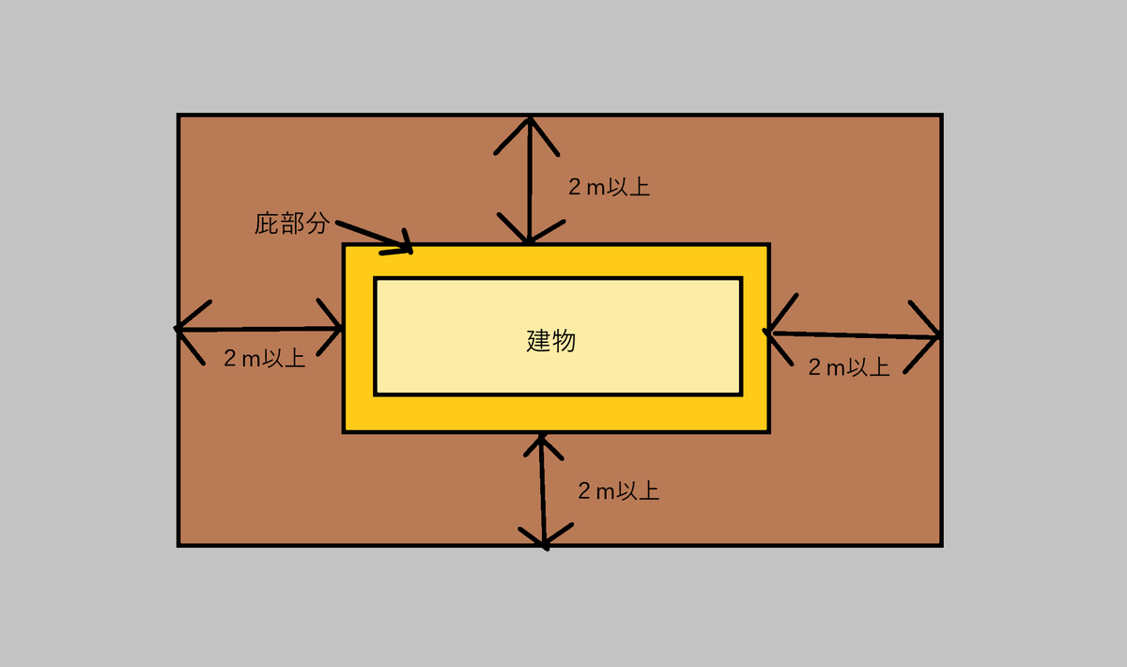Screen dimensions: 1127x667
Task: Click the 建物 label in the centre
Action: pyautogui.click(x=551, y=340)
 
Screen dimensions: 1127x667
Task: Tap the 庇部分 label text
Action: pyautogui.click(x=292, y=224)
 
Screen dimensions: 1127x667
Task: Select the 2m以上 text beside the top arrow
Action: pyautogui.click(x=609, y=186)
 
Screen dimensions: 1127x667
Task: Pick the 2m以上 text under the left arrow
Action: pyautogui.click(x=264, y=358)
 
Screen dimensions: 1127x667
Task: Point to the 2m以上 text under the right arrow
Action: pyautogui.click(x=849, y=366)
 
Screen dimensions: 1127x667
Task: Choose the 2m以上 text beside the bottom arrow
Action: pyautogui.click(x=618, y=490)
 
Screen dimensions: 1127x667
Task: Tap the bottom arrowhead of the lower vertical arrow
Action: pyautogui.click(x=545, y=543)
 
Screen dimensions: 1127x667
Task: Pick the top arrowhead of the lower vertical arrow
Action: pyautogui.click(x=540, y=439)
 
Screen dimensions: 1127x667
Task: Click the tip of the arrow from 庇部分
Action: pyautogui.click(x=409, y=249)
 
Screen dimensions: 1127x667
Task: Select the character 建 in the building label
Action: pyautogui.click(x=538, y=340)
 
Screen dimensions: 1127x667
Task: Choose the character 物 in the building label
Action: pyautogui.click(x=563, y=340)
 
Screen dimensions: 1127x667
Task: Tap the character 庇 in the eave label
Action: pyautogui.click(x=267, y=224)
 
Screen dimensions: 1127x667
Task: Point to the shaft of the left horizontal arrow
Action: pyautogui.click(x=258, y=329)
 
